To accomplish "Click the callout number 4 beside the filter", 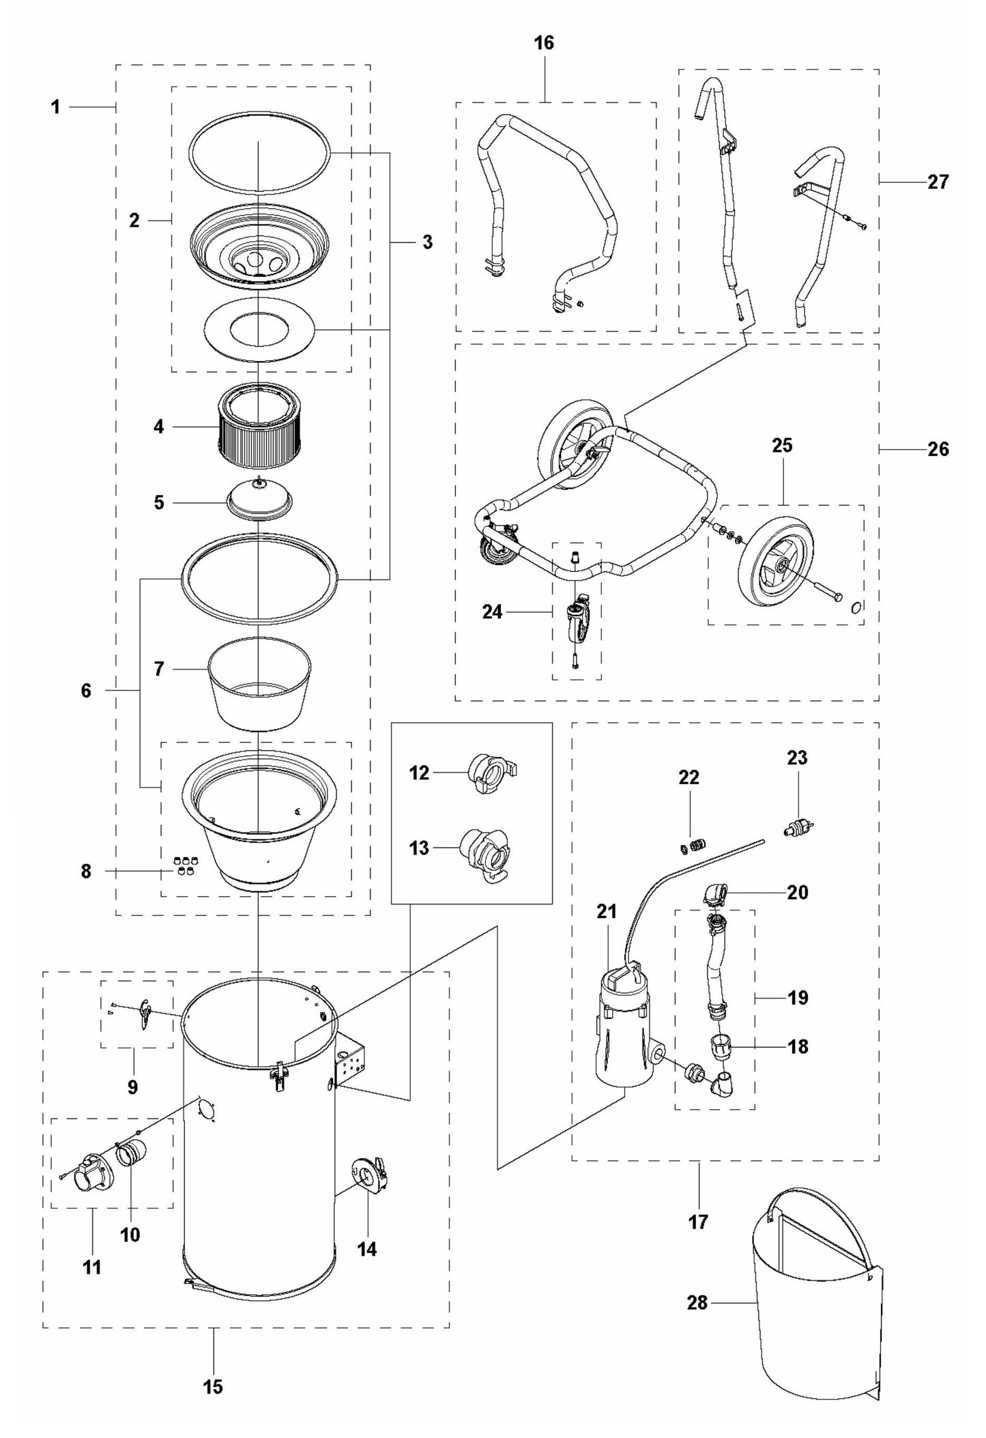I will [158, 427].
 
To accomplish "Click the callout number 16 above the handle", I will [544, 43].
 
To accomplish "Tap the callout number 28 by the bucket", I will [697, 1303].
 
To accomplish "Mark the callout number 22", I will [688, 777].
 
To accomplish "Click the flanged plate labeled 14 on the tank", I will [369, 1174].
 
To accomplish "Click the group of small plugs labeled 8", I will [184, 865].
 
